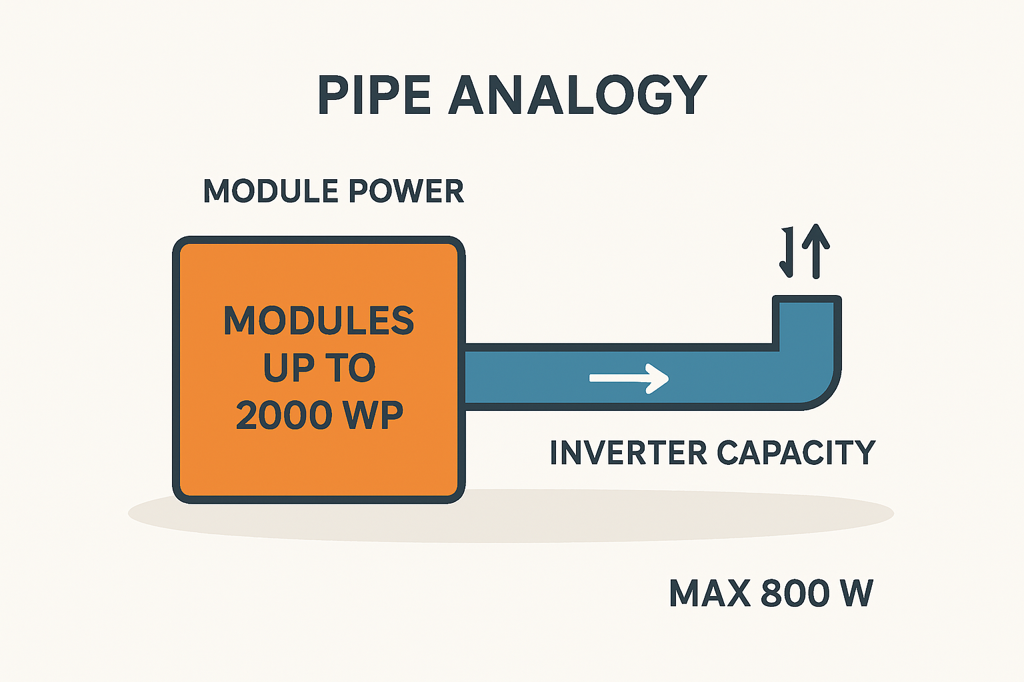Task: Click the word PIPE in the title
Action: point(375,95)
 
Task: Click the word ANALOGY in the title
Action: point(577,95)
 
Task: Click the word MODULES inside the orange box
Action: point(319,321)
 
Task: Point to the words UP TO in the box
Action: point(319,368)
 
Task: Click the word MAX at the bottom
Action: point(709,593)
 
